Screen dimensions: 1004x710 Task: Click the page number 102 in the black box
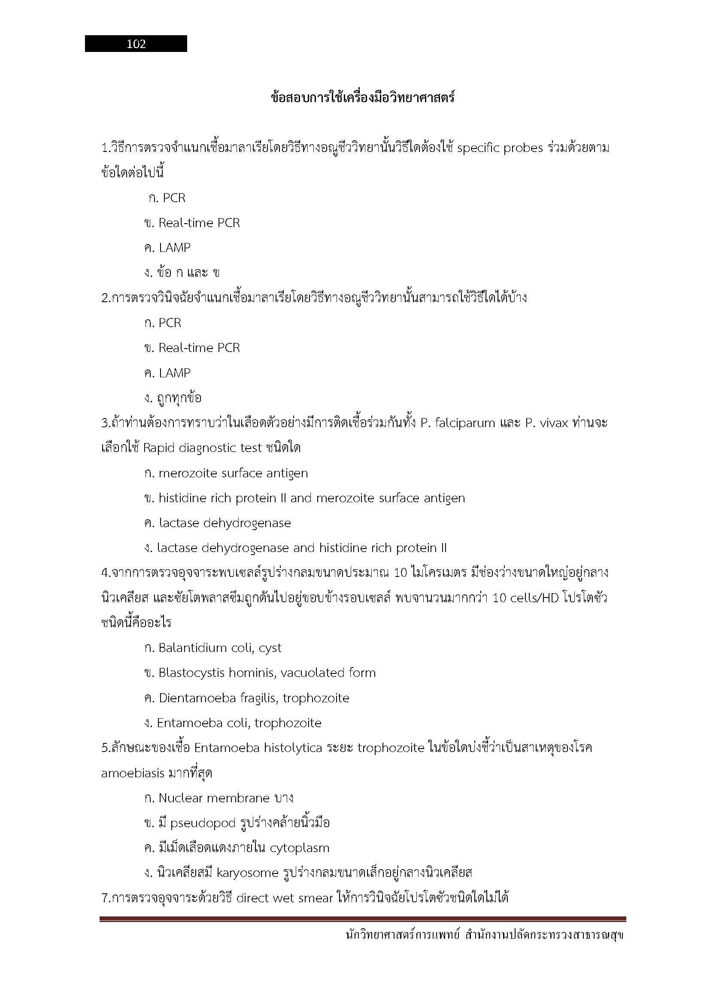(136, 44)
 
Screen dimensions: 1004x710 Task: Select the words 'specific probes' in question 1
(500, 148)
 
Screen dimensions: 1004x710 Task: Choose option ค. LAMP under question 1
(167, 248)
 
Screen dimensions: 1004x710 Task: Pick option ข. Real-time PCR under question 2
(192, 348)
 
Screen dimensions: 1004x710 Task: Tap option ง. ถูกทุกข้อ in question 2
(173, 398)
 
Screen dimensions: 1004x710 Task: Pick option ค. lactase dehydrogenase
(217, 523)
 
